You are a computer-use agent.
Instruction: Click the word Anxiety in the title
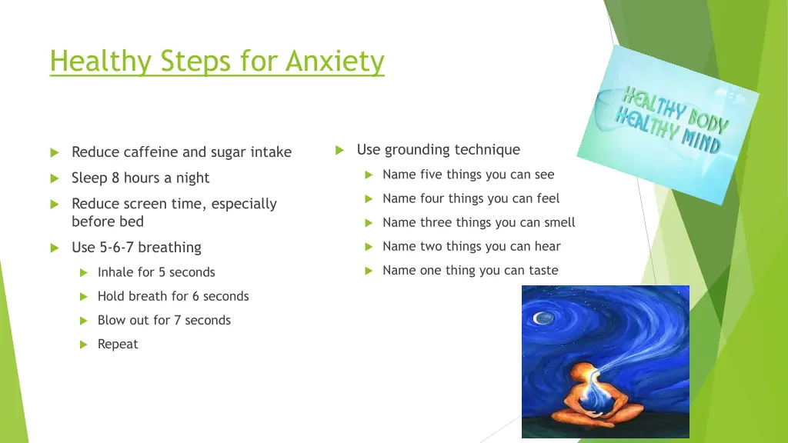[335, 61]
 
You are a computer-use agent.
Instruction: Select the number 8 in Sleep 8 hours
[115, 178]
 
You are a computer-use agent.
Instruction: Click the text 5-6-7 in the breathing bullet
[118, 248]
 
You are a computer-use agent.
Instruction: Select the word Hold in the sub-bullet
[111, 296]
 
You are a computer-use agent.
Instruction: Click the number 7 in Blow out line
[177, 320]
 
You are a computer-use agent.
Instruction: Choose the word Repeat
[118, 344]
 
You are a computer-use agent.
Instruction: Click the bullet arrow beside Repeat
[85, 345]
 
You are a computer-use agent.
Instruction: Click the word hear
[547, 247]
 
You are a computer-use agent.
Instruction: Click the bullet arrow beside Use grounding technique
[339, 151]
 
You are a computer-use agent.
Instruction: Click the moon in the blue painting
[545, 318]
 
